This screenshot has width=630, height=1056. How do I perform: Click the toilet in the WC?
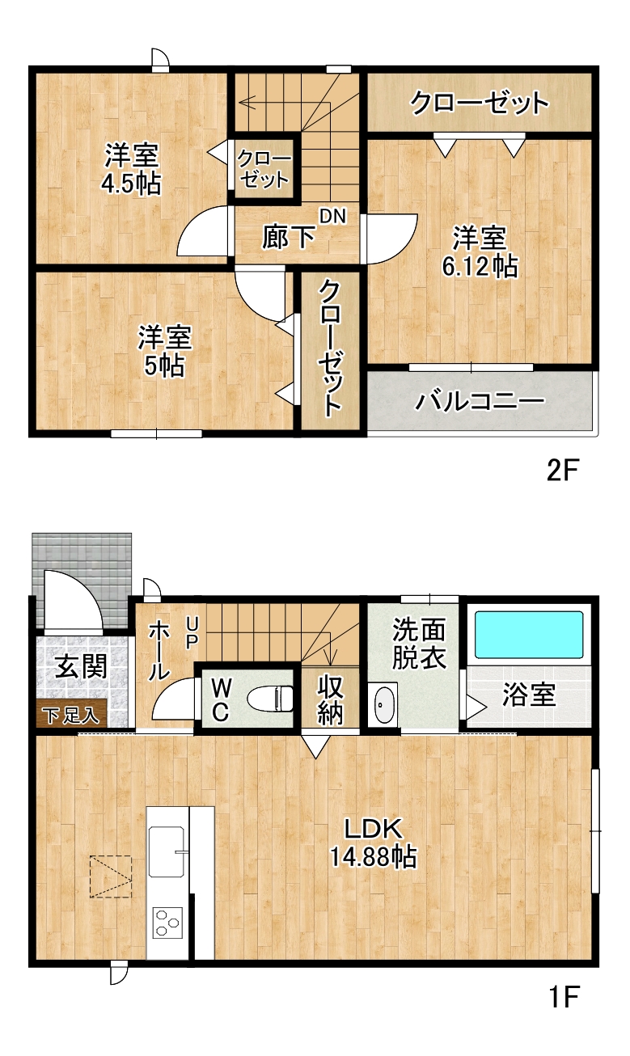(x=270, y=699)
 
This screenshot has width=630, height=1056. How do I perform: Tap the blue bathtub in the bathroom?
(x=529, y=635)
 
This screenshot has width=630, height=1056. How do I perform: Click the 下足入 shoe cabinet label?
(x=71, y=716)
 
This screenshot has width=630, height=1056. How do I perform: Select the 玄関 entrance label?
(x=81, y=665)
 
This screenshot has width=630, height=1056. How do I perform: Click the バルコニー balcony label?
(x=480, y=402)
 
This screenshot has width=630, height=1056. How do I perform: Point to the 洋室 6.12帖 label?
(x=480, y=252)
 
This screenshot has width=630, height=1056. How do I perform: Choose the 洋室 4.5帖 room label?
(x=132, y=169)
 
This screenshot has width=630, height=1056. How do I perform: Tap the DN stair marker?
(x=333, y=217)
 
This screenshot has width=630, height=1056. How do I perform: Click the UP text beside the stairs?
(x=192, y=634)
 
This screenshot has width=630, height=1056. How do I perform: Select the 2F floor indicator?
(x=562, y=471)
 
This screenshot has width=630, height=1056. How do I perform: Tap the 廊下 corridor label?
(x=289, y=237)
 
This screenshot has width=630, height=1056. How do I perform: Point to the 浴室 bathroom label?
(x=529, y=694)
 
